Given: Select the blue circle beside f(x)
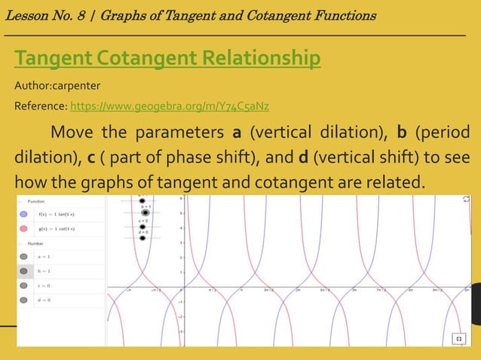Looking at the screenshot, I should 23,214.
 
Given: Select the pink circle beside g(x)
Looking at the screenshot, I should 23,228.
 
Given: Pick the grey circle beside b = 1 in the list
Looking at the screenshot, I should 23,271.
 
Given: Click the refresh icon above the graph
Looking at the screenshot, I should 465,201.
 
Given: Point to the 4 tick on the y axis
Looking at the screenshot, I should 180,228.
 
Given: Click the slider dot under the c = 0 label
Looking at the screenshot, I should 142,226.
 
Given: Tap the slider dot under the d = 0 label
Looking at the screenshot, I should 142,239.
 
